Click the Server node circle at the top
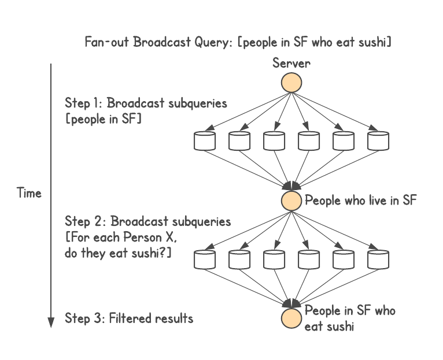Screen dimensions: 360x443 [291, 83]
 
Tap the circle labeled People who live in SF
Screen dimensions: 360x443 [291, 201]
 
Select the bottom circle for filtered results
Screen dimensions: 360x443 [291, 317]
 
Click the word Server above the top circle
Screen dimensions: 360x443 [291, 63]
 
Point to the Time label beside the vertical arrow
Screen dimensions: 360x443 [29, 193]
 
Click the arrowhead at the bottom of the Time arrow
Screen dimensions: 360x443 [51, 321]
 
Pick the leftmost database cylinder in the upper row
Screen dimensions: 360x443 [205, 140]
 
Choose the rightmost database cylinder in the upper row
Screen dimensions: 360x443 [378, 140]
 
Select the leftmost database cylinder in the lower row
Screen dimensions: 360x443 [205, 259]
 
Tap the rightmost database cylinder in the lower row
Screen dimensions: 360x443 [378, 259]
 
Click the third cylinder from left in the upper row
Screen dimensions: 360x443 [274, 140]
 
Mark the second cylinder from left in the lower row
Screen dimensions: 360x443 [239, 259]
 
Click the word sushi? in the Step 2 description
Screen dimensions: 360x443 [151, 253]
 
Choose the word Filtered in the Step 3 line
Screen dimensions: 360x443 [130, 318]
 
